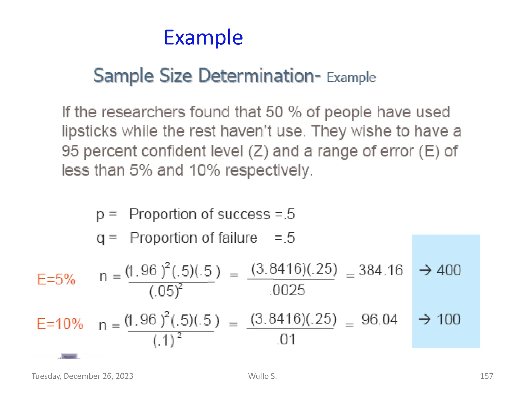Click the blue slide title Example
203,37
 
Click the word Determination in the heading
259,76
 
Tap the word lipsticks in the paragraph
89,131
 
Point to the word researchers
143,112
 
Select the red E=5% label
56,279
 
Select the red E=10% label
60,324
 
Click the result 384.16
380,270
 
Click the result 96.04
379,320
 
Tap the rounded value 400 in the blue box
449,270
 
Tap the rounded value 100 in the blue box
449,320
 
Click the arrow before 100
425,320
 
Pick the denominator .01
286,339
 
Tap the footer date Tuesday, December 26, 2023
82,376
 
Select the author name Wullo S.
262,376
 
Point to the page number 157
486,376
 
